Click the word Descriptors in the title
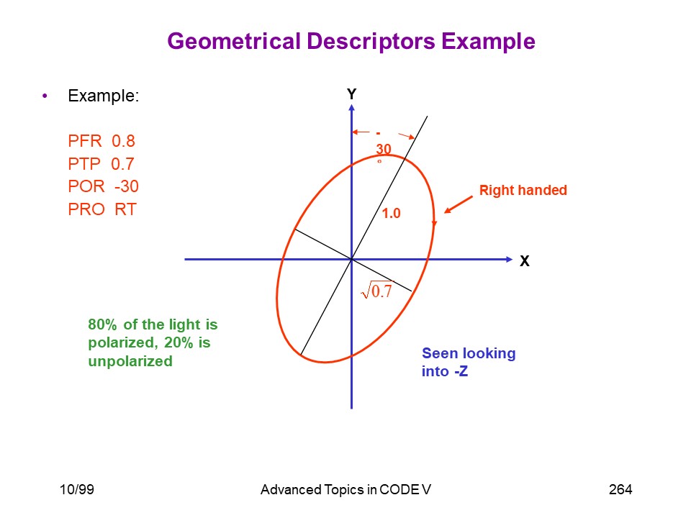click(371, 42)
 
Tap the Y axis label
click(351, 94)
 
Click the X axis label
click(525, 260)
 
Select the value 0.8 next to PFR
click(123, 141)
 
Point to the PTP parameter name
click(84, 164)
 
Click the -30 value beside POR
click(127, 186)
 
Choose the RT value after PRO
click(125, 209)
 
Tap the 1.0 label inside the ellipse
click(391, 213)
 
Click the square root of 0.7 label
click(376, 290)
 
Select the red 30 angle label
click(384, 149)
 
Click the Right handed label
click(523, 190)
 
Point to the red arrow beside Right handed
click(459, 204)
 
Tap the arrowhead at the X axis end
click(510, 260)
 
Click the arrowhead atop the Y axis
click(351, 107)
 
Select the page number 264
click(620, 489)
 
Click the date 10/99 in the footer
click(77, 489)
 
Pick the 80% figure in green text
click(103, 324)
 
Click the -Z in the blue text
click(461, 371)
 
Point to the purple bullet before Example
click(45, 96)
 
